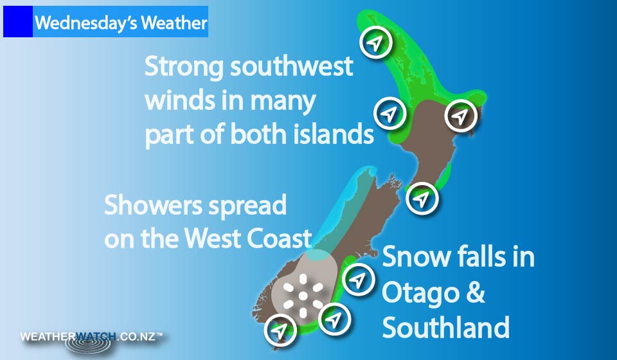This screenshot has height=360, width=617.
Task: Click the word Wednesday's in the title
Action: pyautogui.click(x=85, y=23)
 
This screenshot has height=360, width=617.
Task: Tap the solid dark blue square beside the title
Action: pyautogui.click(x=18, y=22)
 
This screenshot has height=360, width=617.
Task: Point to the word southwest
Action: pyautogui.click(x=292, y=66)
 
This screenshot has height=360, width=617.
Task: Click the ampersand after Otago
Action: pyautogui.click(x=476, y=293)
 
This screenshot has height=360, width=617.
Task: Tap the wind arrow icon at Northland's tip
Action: pyautogui.click(x=376, y=42)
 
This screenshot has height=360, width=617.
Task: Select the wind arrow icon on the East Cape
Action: pyautogui.click(x=460, y=115)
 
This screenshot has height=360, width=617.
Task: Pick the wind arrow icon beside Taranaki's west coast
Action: pyautogui.click(x=389, y=113)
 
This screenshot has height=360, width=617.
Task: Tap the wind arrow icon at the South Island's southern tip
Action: pyautogui.click(x=280, y=330)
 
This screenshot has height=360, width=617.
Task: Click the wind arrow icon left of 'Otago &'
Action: pyautogui.click(x=358, y=280)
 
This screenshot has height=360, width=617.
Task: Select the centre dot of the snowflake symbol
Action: pyautogui.click(x=303, y=296)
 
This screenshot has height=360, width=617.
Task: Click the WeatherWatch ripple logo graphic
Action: pyautogui.click(x=90, y=343)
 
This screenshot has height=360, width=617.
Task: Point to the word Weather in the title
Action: pyautogui.click(x=174, y=23)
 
